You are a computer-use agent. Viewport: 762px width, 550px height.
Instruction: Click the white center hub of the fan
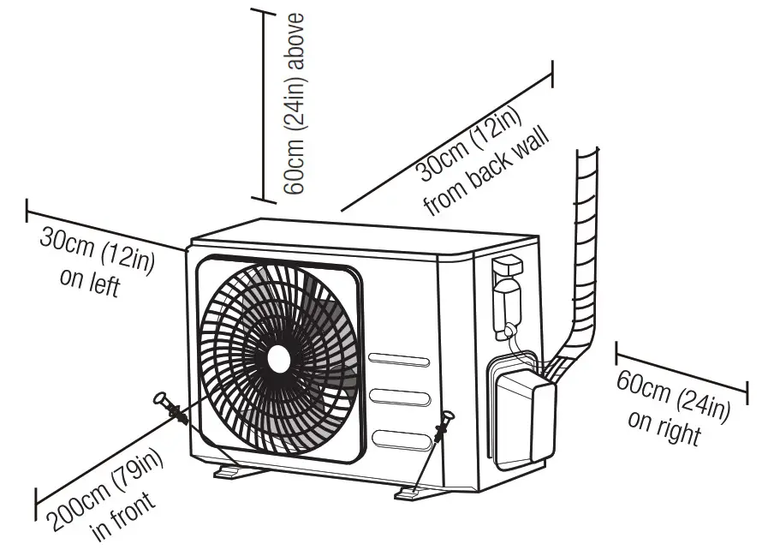pyautogui.click(x=279, y=358)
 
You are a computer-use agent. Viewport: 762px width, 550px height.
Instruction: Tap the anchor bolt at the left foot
pyautogui.click(x=171, y=409)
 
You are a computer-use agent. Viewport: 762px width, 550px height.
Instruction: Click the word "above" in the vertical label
pyautogui.click(x=295, y=40)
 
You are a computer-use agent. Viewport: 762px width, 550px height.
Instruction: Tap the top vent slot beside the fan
pyautogui.click(x=399, y=357)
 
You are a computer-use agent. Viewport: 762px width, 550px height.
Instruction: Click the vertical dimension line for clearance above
pyautogui.click(x=264, y=103)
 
